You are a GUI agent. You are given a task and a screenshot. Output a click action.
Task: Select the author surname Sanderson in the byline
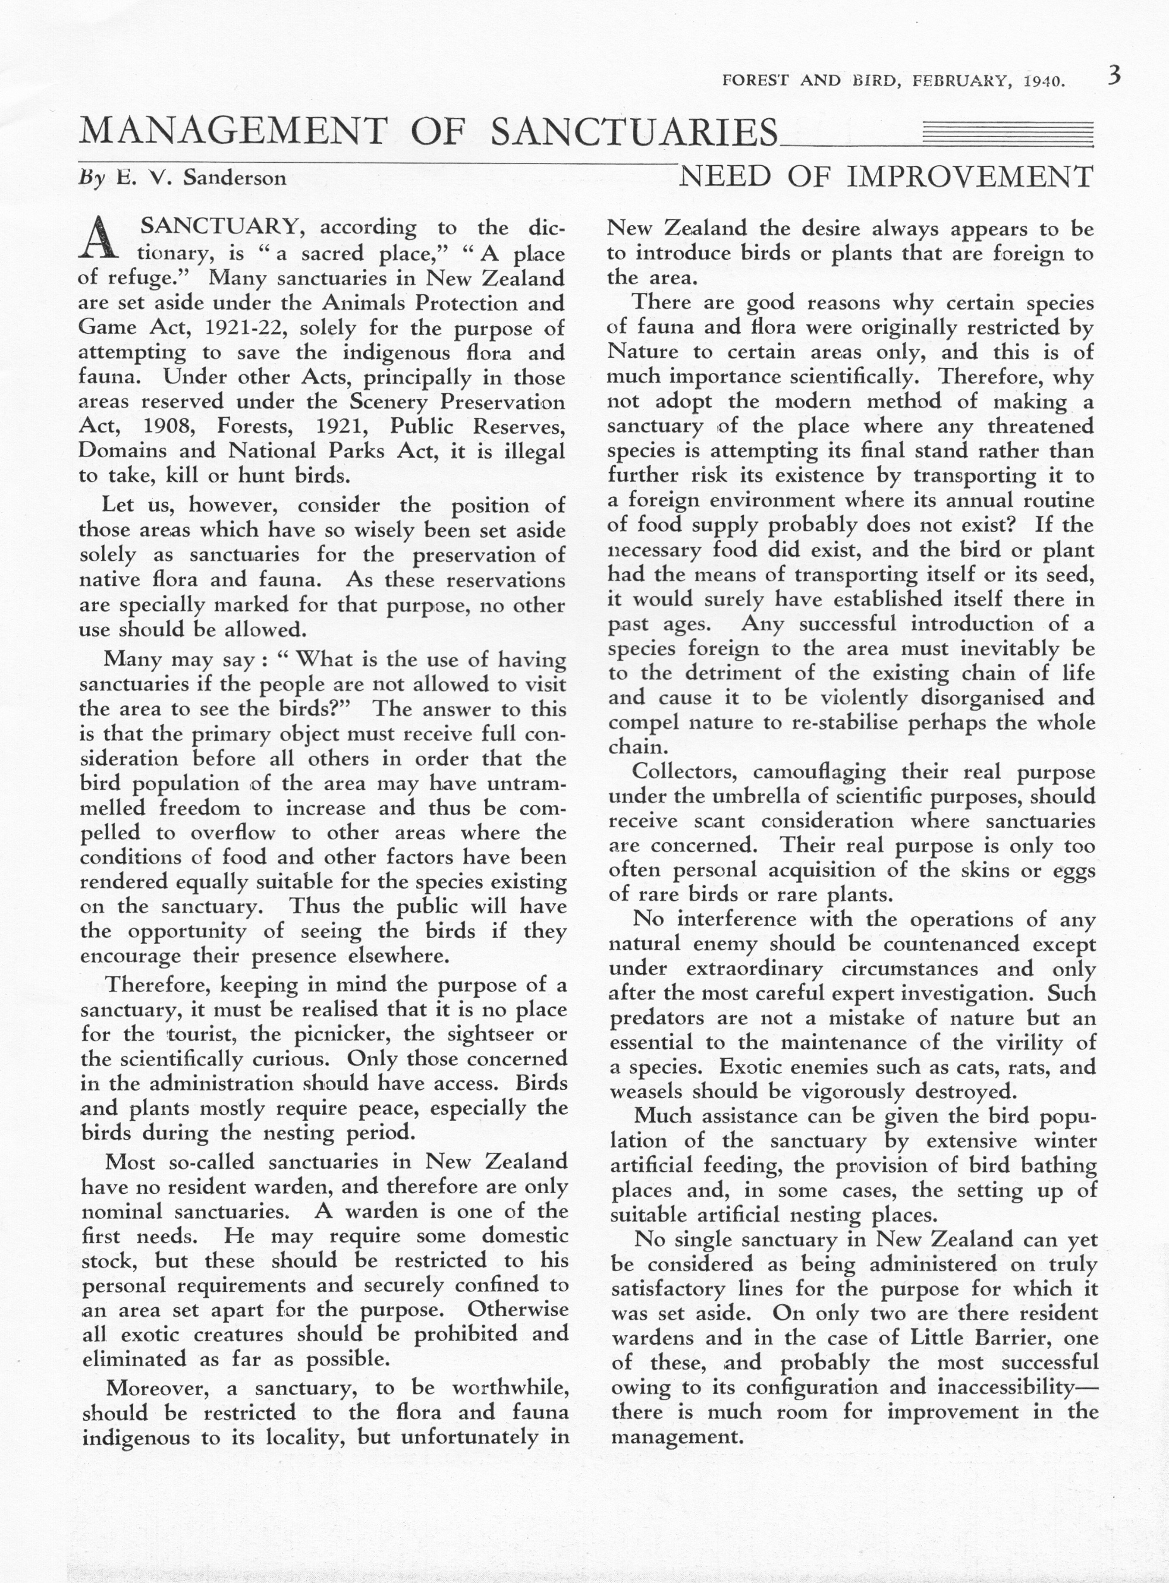click(234, 178)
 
